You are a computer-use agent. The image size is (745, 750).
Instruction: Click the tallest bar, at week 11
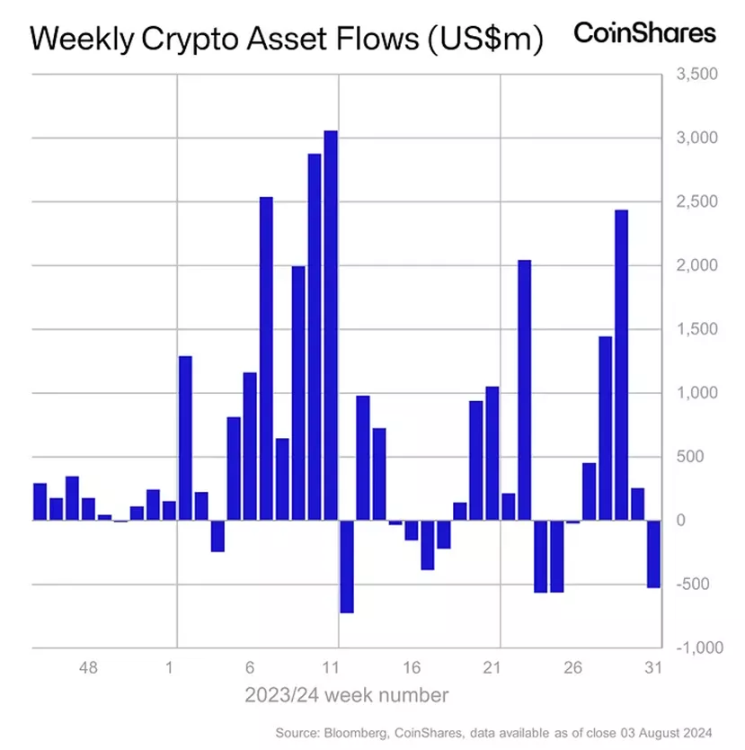point(331,325)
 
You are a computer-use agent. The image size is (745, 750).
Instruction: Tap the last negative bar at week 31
point(653,553)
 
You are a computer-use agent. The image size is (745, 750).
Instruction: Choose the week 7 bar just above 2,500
point(266,358)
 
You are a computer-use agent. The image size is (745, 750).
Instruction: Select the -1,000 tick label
point(695,647)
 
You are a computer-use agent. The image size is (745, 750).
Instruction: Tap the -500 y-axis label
point(695,585)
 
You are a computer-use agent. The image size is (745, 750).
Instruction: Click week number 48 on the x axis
point(88,669)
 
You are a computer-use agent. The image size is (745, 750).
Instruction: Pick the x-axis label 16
point(412,669)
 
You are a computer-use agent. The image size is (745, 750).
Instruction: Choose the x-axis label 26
point(573,669)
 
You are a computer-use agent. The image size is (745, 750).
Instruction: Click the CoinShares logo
point(645,33)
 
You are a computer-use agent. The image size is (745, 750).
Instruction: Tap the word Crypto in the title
point(203,39)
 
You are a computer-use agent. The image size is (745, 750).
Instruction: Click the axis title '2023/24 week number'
point(347,694)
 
